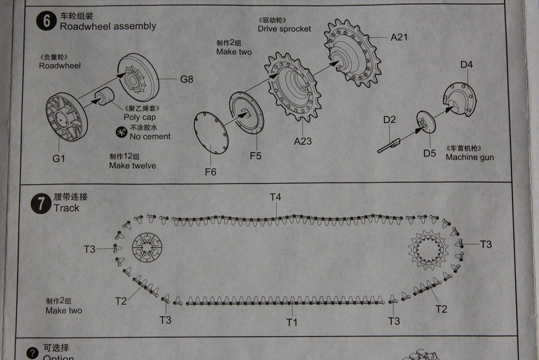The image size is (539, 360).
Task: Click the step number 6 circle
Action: tap(46, 23)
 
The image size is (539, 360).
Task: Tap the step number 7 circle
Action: tap(41, 203)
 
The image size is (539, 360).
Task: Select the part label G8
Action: tap(187, 80)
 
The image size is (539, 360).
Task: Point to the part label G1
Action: tap(59, 159)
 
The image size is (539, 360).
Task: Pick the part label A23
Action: tap(303, 141)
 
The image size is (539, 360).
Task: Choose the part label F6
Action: tap(211, 172)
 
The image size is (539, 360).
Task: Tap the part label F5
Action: tap(255, 156)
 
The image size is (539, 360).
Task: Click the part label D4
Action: tap(467, 65)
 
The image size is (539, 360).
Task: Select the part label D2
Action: tap(390, 120)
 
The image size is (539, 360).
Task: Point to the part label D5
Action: tap(430, 153)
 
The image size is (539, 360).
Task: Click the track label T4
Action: tap(275, 197)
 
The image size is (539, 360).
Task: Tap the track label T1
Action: tap(292, 323)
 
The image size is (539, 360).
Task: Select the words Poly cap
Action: tap(140, 118)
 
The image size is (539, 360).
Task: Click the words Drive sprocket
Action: tap(284, 29)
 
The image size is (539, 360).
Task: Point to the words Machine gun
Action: tap(469, 157)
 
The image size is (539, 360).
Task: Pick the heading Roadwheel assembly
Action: tap(108, 26)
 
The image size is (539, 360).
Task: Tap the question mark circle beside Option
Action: tap(32, 353)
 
